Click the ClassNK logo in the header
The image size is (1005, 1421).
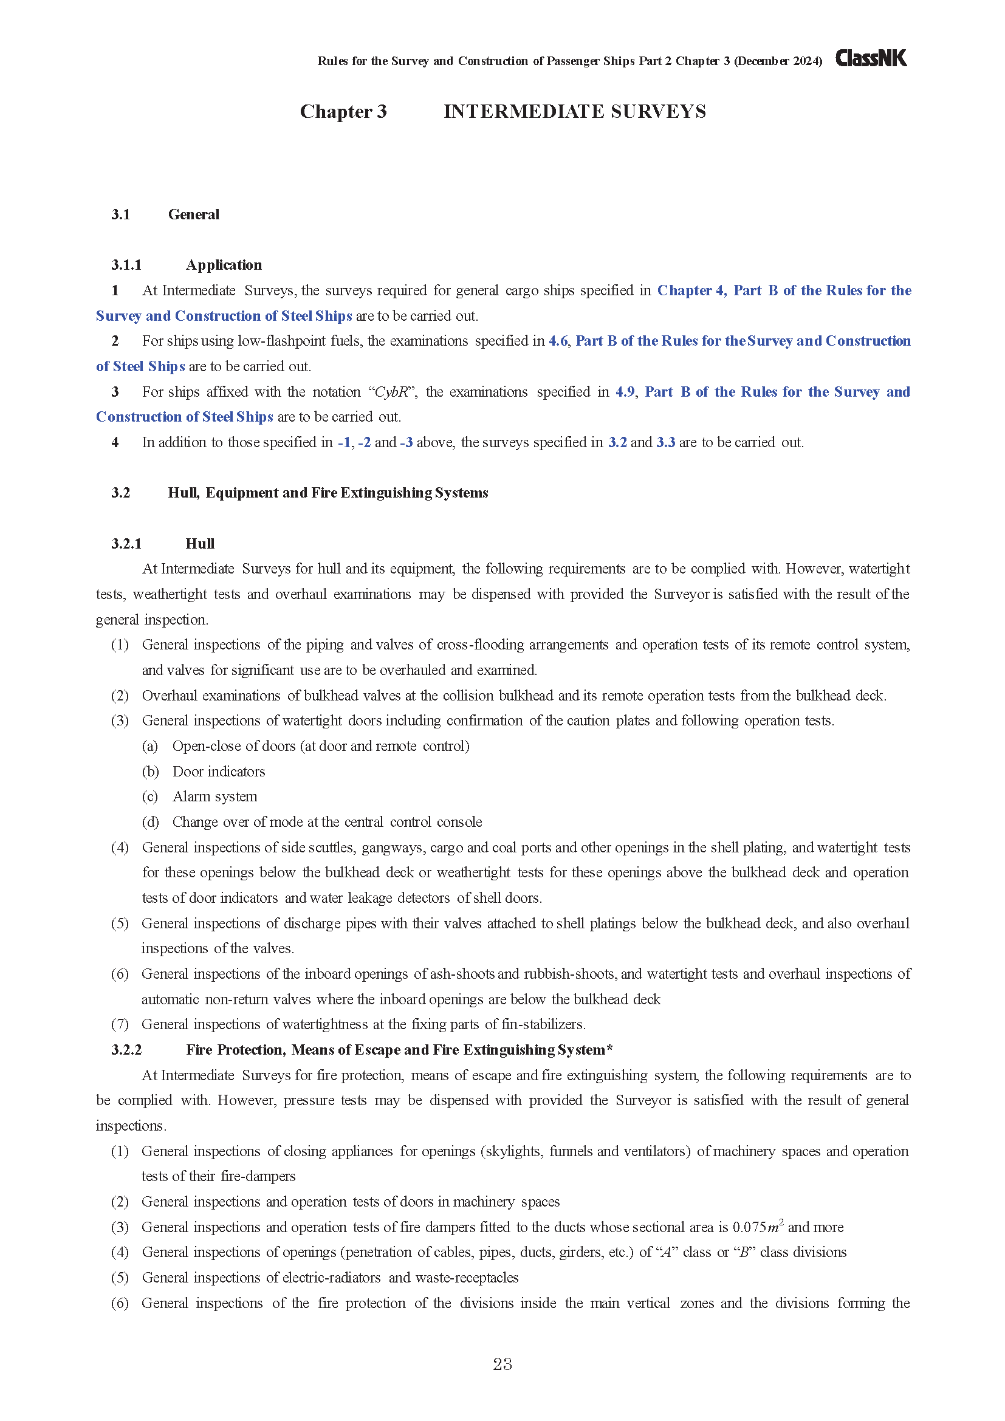coord(871,58)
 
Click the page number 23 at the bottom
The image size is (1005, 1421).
coord(502,1364)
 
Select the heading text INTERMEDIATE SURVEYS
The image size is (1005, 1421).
coord(574,111)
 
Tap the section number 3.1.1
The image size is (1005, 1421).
coord(126,265)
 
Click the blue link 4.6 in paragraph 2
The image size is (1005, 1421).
coord(558,341)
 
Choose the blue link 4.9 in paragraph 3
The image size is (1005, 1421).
coord(625,392)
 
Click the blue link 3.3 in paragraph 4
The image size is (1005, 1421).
coord(665,442)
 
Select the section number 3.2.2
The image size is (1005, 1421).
coord(126,1050)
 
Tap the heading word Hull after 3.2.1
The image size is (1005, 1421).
coord(200,543)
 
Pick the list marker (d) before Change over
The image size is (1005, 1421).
coord(150,822)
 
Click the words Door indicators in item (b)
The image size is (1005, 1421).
coord(219,772)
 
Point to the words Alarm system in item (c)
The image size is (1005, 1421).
coord(214,796)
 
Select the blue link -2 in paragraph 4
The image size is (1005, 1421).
coord(364,442)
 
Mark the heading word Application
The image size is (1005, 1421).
coord(224,265)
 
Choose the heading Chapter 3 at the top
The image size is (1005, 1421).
coord(343,111)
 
